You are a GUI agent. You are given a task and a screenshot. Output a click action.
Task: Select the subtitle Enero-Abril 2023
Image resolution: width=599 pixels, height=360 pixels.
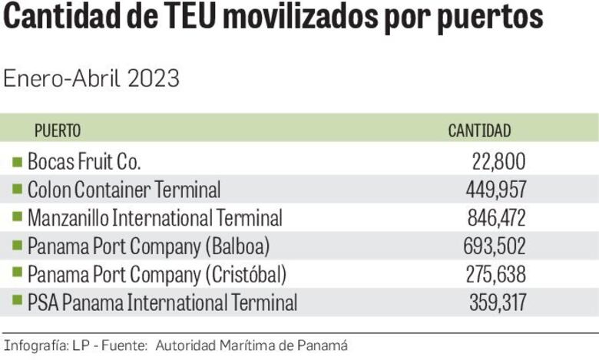(91, 78)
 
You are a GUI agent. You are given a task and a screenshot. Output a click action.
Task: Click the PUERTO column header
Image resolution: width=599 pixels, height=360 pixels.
(58, 130)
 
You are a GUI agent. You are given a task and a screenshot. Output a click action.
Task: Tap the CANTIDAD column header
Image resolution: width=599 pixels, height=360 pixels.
(479, 130)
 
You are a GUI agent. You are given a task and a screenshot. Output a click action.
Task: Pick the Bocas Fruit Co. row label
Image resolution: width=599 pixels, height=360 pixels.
(84, 161)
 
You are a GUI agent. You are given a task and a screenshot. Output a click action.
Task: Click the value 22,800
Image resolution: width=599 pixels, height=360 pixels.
(498, 161)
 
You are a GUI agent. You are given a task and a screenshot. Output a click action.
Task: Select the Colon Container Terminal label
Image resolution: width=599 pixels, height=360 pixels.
(124, 190)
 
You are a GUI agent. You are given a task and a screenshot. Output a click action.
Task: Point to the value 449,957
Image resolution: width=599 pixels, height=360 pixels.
(495, 190)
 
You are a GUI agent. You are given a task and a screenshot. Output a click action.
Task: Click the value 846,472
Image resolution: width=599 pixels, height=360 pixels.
(496, 218)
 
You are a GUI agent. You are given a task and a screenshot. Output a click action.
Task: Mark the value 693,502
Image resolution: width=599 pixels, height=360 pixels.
(495, 246)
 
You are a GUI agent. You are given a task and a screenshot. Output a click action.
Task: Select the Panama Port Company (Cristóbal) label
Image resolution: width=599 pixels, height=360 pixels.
(157, 274)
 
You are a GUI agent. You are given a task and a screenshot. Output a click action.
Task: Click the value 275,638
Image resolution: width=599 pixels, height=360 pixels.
(495, 274)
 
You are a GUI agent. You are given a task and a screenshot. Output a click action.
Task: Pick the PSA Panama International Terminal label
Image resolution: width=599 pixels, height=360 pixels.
(162, 302)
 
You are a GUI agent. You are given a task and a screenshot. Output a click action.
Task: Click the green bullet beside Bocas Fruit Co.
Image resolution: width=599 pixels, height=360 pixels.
(17, 161)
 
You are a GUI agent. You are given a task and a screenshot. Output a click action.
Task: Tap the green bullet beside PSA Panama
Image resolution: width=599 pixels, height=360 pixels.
(17, 302)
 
